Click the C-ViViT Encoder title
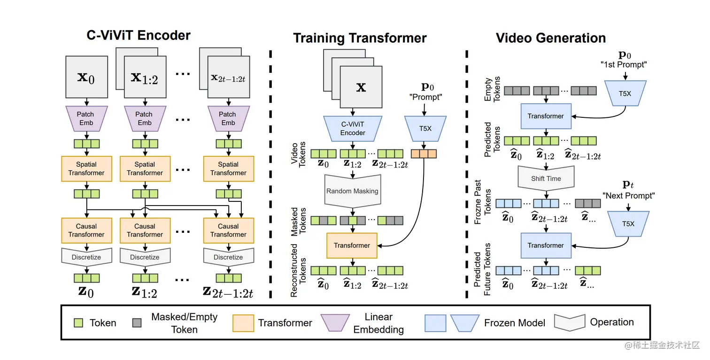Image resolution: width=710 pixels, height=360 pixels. pos(139,35)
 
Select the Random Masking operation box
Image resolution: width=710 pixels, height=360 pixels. pos(353,190)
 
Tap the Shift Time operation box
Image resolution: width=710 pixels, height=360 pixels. pos(546,178)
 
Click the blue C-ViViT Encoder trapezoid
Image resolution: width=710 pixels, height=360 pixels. pos(353,128)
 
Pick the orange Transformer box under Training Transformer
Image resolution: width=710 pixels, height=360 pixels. pos(352,245)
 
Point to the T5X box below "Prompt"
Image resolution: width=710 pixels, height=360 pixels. pos(425,128)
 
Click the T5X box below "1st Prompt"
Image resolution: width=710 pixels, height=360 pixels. pos(625,93)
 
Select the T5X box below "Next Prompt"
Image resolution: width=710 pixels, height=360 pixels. pos(628,224)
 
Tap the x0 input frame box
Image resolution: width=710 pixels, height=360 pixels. pos(86,77)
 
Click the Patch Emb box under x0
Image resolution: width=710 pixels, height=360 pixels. pos(86,119)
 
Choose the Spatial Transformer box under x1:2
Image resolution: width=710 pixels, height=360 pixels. pos(145,169)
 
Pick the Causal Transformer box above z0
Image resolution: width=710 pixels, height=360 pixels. pos(86,230)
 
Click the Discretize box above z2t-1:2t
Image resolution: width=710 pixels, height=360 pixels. pos(229,257)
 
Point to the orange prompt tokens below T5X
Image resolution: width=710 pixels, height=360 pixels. pos(424,154)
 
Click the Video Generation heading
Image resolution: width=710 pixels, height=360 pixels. pos(551,38)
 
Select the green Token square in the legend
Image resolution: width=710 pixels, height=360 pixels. pos(78,323)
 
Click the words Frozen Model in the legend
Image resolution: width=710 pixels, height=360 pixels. pos(515,323)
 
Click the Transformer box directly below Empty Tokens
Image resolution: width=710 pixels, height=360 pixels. pos(546,116)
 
